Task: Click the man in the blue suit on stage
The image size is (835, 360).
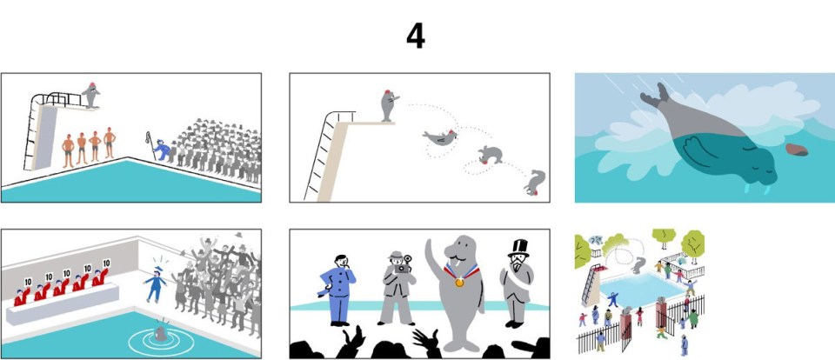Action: tap(338, 287)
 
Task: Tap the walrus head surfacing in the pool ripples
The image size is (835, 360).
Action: tap(160, 333)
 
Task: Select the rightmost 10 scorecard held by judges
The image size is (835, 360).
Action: tap(106, 263)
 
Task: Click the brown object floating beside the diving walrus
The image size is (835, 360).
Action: tap(797, 150)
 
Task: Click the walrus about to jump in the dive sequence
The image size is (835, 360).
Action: tap(388, 104)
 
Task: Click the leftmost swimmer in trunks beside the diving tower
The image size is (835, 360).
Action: tap(68, 148)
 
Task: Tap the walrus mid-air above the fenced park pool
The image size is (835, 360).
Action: tap(640, 265)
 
